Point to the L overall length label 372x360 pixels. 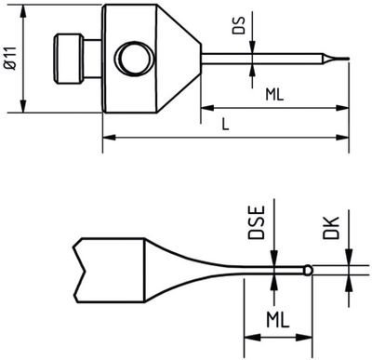point(226,123)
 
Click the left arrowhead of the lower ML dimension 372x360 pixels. point(248,337)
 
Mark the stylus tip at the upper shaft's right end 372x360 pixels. point(342,63)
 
